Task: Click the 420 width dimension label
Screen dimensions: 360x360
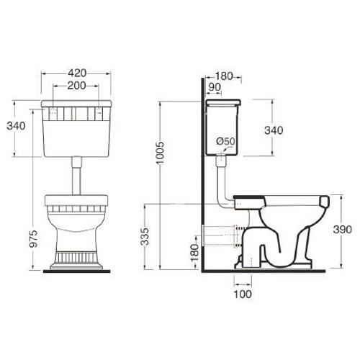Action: click(x=77, y=73)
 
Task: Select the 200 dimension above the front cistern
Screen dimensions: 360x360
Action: click(x=76, y=86)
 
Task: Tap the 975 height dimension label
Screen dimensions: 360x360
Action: click(x=34, y=239)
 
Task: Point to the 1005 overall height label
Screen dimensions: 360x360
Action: click(x=160, y=153)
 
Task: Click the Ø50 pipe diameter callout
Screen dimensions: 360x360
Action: click(x=225, y=141)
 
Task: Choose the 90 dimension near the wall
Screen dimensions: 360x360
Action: click(x=215, y=87)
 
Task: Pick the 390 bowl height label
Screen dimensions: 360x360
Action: click(x=342, y=230)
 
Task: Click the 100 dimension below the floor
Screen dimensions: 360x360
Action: click(x=243, y=294)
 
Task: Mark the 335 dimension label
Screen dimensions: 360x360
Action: click(x=145, y=236)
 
